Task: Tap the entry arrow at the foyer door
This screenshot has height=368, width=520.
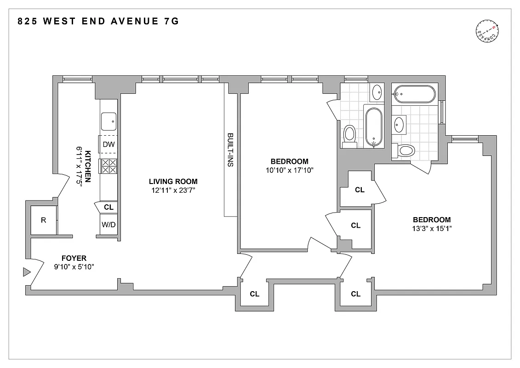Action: (x=26, y=273)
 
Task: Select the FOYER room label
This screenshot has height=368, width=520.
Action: (x=74, y=259)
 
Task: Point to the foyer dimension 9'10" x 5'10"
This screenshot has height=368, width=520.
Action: (x=74, y=267)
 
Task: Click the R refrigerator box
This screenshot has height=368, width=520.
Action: (x=44, y=220)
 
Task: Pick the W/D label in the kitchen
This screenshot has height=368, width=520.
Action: (x=109, y=225)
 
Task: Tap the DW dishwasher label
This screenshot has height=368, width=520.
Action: (x=109, y=144)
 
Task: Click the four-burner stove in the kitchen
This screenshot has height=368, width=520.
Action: (x=109, y=166)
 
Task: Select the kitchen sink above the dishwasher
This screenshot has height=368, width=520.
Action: (x=109, y=122)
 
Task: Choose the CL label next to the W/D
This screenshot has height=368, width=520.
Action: (x=109, y=207)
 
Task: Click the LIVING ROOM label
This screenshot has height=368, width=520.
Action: (x=170, y=181)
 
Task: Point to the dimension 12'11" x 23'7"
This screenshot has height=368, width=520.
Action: (x=170, y=190)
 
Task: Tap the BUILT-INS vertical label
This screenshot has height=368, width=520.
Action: (x=230, y=149)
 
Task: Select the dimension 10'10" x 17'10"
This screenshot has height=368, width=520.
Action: (x=289, y=170)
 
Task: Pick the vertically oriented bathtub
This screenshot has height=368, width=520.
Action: (x=373, y=127)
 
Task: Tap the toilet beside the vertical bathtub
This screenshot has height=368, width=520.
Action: (x=350, y=135)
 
